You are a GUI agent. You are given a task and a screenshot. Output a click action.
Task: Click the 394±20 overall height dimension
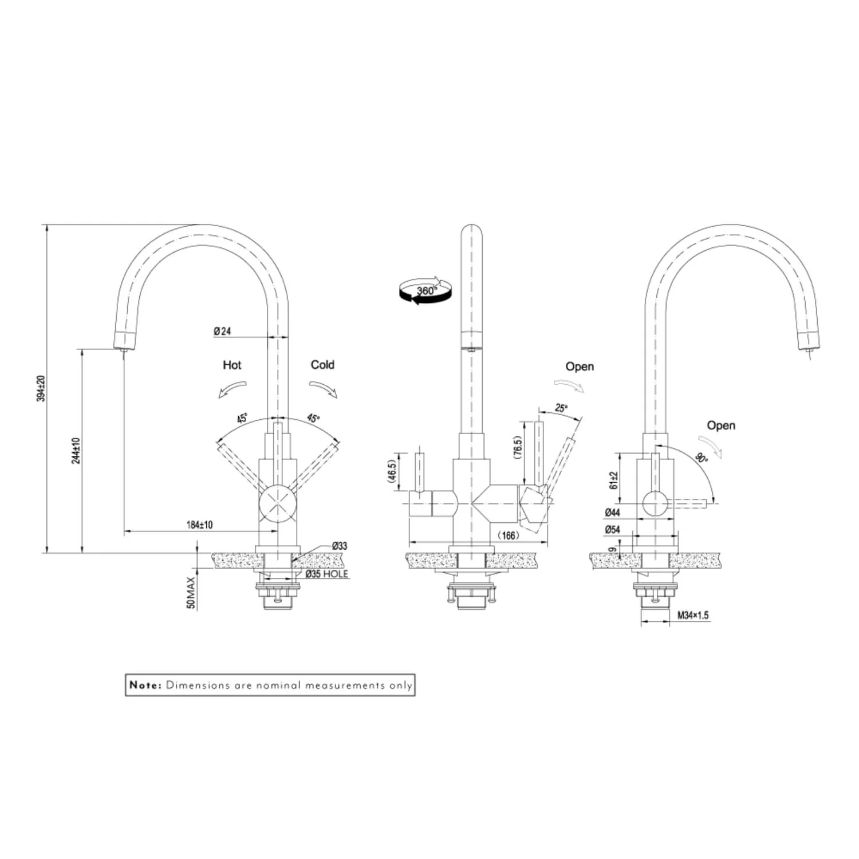[x=41, y=388]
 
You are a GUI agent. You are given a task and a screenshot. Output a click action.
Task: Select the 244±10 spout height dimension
[x=76, y=450]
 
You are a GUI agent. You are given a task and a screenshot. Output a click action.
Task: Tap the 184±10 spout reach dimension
[x=199, y=525]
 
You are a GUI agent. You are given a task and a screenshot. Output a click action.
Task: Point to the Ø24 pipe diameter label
[x=222, y=331]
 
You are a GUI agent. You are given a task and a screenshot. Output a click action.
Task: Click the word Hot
[x=232, y=365]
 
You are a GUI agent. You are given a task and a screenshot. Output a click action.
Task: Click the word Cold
[x=322, y=365]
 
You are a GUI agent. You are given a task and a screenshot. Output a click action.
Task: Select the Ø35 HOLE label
[x=326, y=574]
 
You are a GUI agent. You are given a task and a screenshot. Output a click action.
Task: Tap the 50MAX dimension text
[x=191, y=592]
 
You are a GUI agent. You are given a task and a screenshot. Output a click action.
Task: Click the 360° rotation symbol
[x=426, y=291]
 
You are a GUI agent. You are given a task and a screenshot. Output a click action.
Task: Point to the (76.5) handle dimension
[x=518, y=448]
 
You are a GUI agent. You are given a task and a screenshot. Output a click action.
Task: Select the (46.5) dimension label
[x=392, y=473]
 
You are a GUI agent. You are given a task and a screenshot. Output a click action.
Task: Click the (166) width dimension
[x=507, y=535]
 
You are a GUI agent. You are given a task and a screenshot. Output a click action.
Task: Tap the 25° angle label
[x=561, y=408]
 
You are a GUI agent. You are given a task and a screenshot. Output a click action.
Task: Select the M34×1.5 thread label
[x=693, y=616]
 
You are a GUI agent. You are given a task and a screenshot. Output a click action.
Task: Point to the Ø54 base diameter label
[x=612, y=530]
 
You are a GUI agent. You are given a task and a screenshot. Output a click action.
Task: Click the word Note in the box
[x=145, y=685]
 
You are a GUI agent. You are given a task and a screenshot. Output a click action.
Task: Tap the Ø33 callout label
[x=340, y=546]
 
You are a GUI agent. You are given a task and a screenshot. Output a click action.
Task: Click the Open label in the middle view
[x=580, y=367]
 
